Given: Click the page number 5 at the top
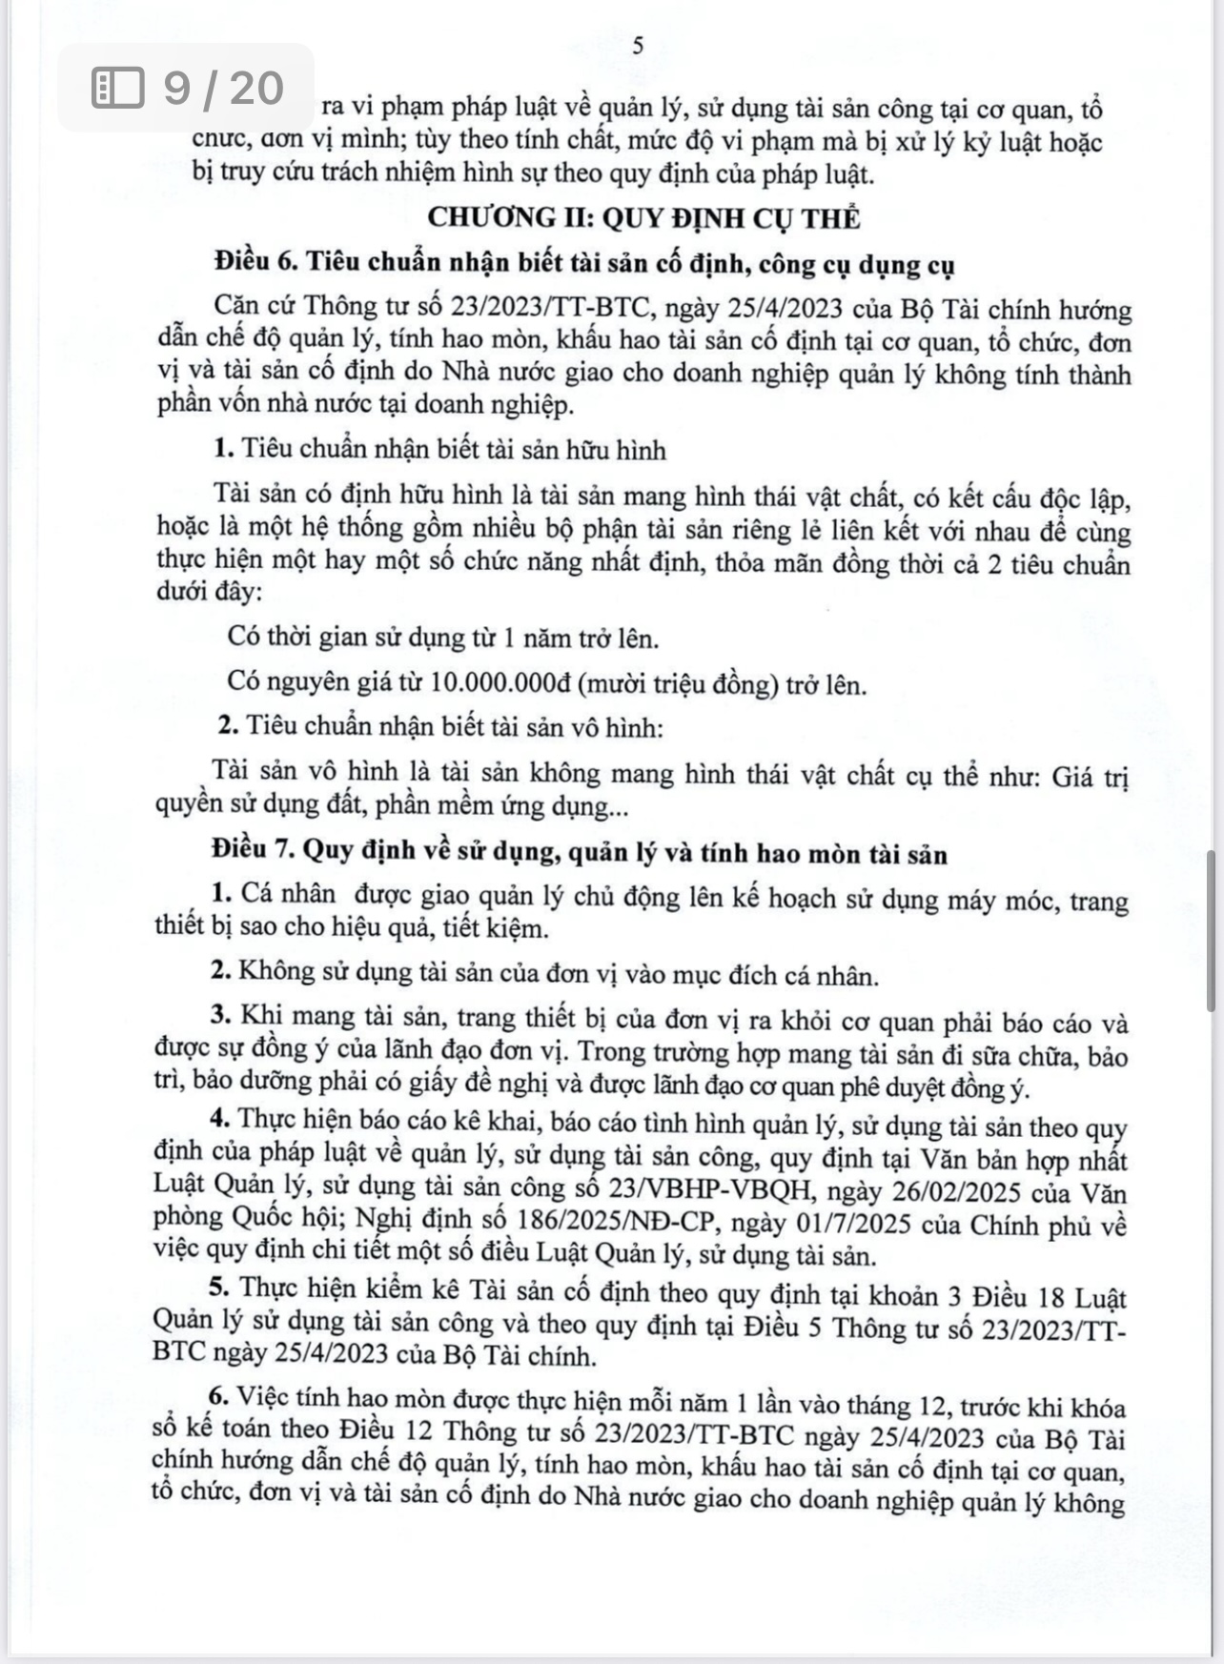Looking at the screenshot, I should pyautogui.click(x=638, y=46).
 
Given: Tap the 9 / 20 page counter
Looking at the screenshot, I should pyautogui.click(x=224, y=89).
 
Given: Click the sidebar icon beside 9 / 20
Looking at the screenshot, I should pyautogui.click(x=118, y=89).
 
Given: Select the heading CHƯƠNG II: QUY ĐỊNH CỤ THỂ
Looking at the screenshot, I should pyautogui.click(x=643, y=218).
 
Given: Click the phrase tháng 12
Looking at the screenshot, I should pyautogui.click(x=901, y=1405).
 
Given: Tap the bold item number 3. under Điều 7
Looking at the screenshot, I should pyautogui.click(x=222, y=1017).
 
